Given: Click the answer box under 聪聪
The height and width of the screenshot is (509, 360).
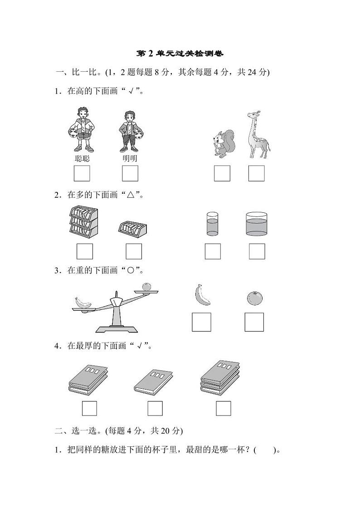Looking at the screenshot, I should (x=82, y=173).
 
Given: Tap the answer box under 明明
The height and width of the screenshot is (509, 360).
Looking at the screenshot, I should (x=130, y=173).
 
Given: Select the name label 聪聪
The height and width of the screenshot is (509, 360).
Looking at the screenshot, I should (x=82, y=158).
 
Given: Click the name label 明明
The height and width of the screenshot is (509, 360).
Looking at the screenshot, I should (x=130, y=158).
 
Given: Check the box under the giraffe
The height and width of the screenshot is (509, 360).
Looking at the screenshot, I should (x=256, y=173).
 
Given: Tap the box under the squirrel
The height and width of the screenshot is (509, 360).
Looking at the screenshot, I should (x=222, y=173).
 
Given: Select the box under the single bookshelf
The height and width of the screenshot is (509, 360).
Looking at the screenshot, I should (x=134, y=251).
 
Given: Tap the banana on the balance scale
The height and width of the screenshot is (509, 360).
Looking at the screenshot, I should (x=83, y=302).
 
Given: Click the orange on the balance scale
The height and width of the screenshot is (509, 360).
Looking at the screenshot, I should (x=146, y=287).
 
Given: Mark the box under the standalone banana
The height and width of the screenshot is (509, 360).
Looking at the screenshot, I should (x=201, y=322).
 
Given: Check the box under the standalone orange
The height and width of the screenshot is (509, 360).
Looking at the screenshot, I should (x=254, y=322).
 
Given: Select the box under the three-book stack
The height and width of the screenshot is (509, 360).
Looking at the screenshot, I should (x=224, y=409).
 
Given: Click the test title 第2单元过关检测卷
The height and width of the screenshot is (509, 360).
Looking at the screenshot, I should (x=180, y=54).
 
